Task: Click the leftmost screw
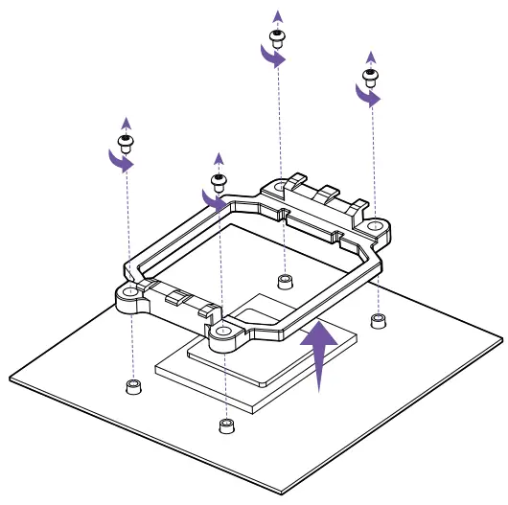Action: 125,145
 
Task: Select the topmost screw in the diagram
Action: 278,38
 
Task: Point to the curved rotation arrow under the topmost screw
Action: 274,58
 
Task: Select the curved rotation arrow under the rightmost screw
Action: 367,96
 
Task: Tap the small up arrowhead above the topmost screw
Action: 278,14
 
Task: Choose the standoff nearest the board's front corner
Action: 226,425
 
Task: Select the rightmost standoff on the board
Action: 379,318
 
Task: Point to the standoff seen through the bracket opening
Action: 284,281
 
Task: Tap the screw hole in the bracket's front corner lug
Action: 223,332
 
